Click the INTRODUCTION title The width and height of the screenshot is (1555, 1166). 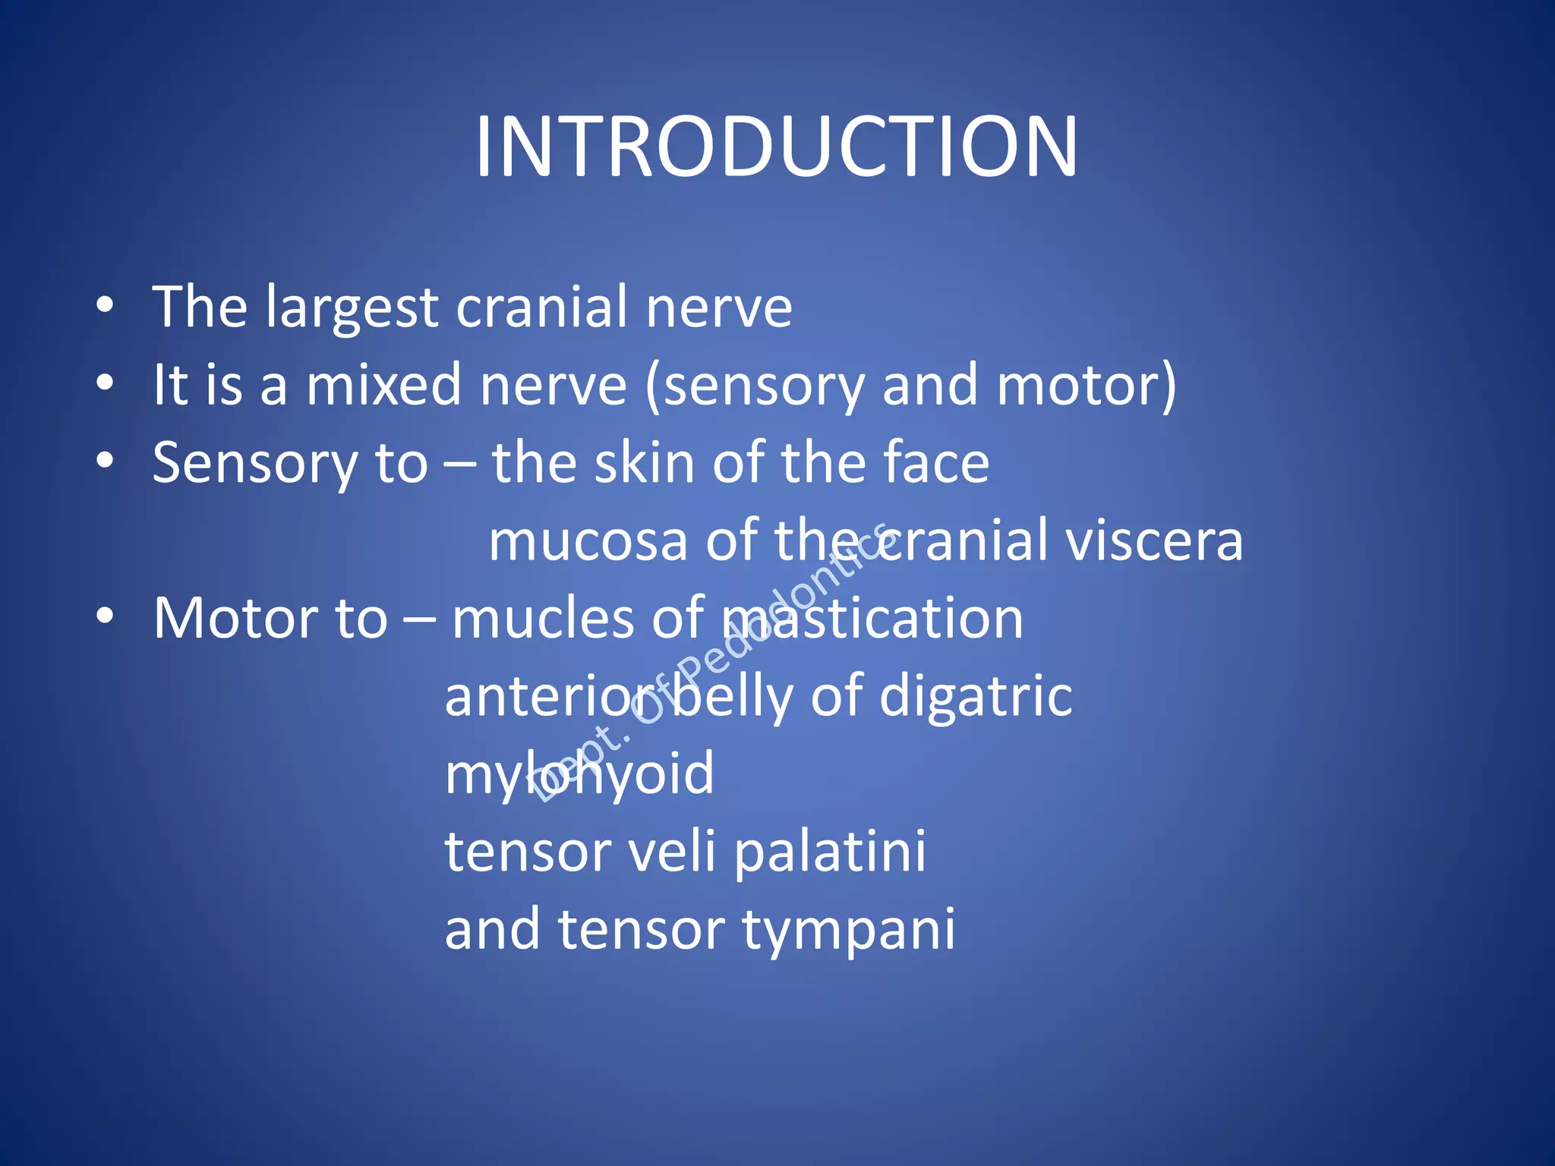[776, 146]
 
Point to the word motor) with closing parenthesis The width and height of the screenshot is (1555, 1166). [1087, 385]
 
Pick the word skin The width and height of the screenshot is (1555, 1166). [644, 463]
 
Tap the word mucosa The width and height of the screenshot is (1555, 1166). [588, 540]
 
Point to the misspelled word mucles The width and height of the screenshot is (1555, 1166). [542, 618]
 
